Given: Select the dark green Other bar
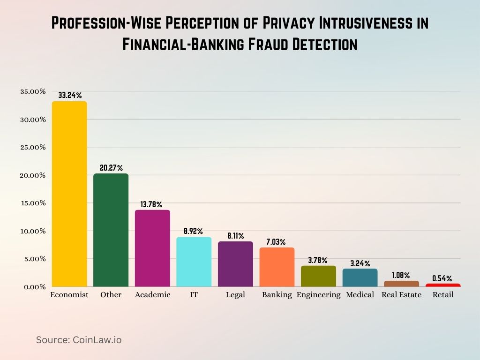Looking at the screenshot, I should point(111,230).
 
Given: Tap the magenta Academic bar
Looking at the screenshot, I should point(152,248).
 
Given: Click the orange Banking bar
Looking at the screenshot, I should point(277,267).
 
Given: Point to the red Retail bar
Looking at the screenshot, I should point(443,285).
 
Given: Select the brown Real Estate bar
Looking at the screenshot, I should point(401,284).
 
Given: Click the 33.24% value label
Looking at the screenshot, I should point(69,95).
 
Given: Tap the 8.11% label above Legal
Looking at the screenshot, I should point(235,236).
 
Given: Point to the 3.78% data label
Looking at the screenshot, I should point(318,260).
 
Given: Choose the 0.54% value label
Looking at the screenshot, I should point(442,278).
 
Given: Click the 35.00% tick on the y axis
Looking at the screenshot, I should point(33,92).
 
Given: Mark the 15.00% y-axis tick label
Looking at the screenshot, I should point(33,203).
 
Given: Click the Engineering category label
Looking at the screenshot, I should point(318,295).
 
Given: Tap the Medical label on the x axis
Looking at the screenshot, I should point(360,295).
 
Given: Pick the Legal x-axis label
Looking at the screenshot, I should point(235,295).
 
